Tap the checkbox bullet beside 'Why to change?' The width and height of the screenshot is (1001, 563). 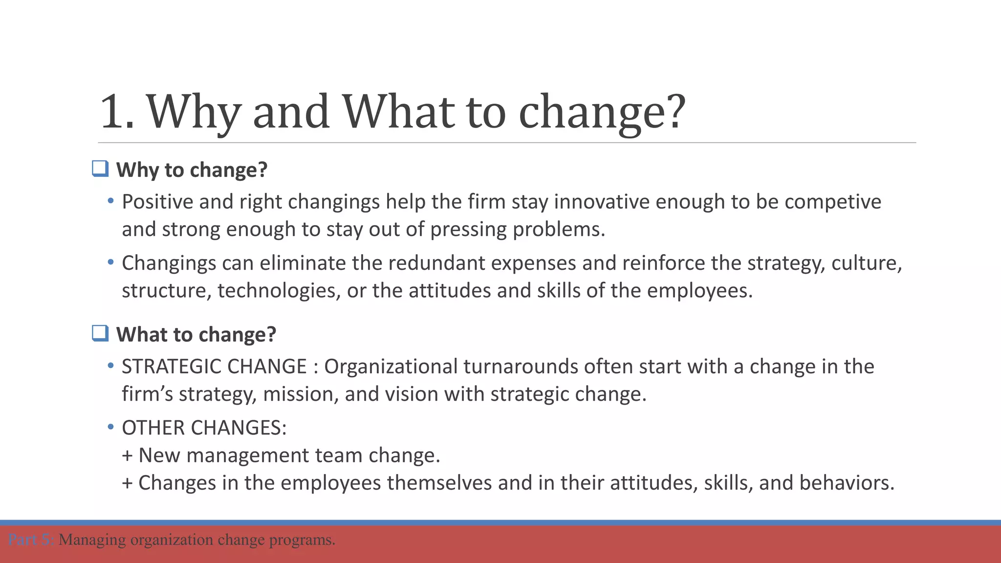(100, 169)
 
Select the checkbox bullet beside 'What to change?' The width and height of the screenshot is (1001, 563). (100, 333)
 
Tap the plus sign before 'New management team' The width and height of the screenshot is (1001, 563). (128, 456)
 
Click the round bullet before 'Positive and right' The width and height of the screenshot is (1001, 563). (111, 201)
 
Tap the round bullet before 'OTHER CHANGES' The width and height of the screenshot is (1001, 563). (111, 427)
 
